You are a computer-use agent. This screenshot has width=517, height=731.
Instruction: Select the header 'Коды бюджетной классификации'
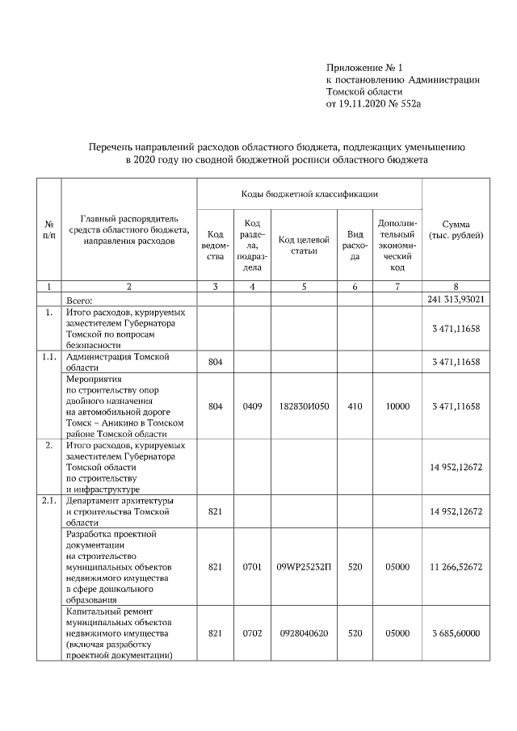pos(309,195)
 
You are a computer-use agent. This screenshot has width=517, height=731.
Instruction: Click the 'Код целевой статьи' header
pos(304,245)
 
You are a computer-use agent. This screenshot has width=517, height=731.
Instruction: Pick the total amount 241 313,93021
pos(456,300)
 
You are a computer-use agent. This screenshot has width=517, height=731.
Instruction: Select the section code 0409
pos(252,406)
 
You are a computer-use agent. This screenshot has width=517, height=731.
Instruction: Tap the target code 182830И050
pos(304,406)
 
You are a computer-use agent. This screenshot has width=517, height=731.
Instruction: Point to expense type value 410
pos(355,406)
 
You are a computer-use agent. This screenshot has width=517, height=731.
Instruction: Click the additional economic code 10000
pos(397,406)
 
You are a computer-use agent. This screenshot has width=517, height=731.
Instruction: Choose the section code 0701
pos(252,567)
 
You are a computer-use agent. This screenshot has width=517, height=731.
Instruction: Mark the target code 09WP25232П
pos(304,567)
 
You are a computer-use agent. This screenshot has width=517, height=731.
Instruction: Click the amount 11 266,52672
pos(456,567)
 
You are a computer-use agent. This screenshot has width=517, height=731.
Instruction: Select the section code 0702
pos(252,632)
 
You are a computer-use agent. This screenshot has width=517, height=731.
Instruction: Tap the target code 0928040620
pos(304,632)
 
